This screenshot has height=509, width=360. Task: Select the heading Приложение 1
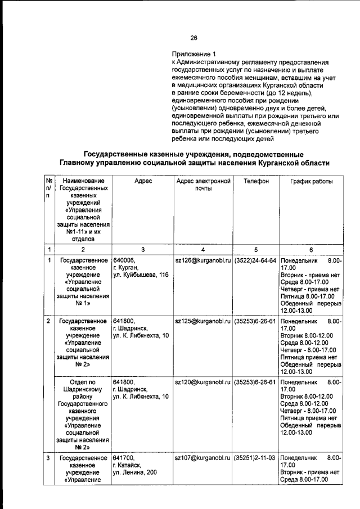(191, 54)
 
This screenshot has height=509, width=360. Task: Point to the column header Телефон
(256, 181)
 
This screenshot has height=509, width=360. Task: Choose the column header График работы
(311, 181)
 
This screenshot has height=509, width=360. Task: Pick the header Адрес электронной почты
(203, 185)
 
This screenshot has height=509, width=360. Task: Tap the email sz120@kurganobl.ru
(203, 382)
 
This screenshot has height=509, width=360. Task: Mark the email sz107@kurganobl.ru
(203, 458)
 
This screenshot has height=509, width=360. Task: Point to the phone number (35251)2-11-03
(255, 458)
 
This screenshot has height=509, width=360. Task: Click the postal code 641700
(124, 458)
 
